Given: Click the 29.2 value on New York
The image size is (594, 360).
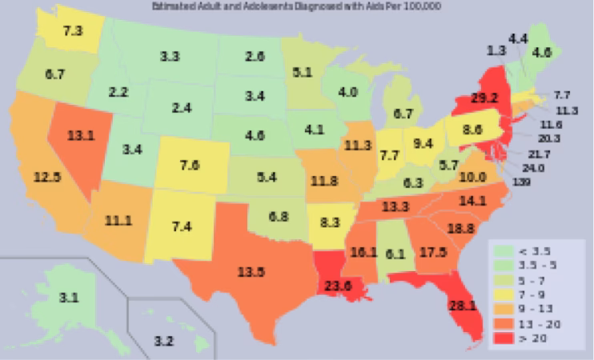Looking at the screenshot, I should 483,102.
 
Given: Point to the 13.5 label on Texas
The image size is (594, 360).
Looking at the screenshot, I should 251,271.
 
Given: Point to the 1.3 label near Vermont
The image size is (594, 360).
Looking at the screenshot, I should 496,50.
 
